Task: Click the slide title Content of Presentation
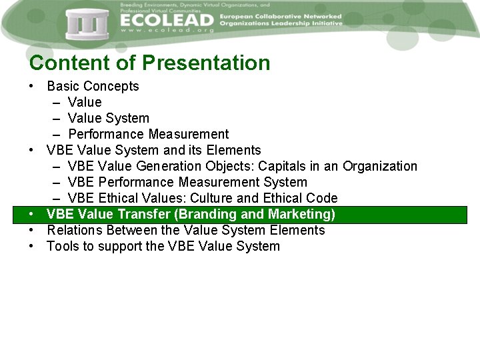click(150, 63)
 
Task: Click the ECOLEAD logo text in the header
click(167, 19)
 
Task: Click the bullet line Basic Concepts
click(93, 86)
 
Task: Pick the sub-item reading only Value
click(85, 102)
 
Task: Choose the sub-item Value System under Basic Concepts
click(108, 118)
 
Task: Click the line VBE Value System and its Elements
click(153, 150)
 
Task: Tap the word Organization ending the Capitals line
click(379, 166)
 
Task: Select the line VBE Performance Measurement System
click(187, 182)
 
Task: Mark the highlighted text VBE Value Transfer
click(109, 214)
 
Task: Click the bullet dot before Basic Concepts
click(32, 87)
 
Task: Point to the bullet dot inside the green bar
click(32, 215)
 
